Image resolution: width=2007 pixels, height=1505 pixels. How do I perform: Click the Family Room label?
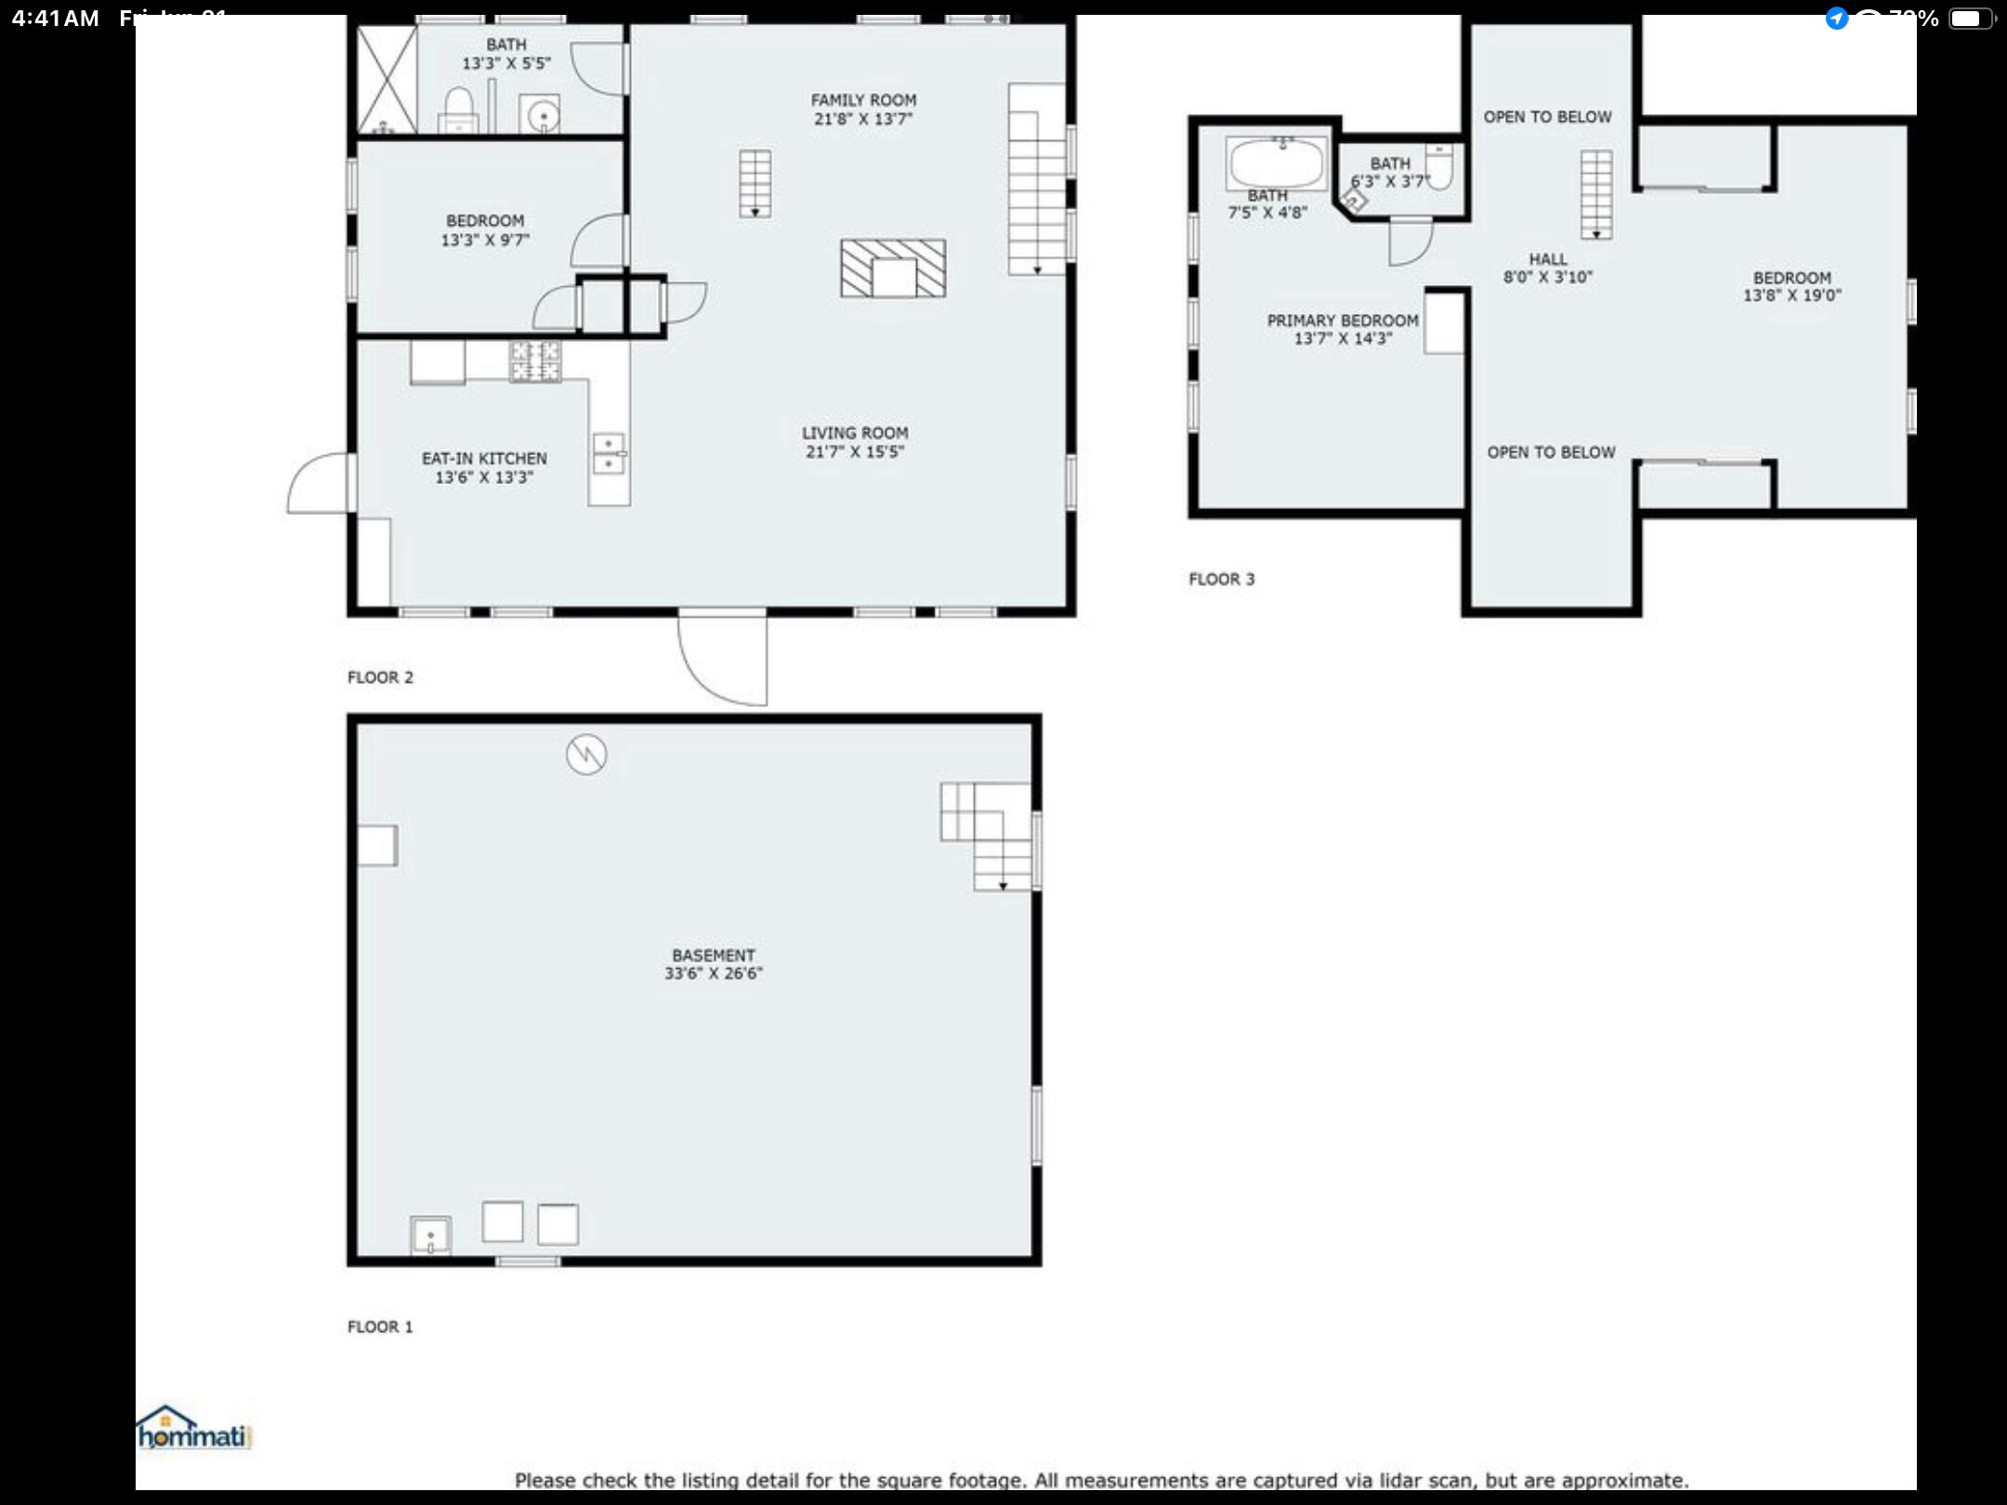click(863, 99)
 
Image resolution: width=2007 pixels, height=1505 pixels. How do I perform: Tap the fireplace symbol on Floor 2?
click(893, 268)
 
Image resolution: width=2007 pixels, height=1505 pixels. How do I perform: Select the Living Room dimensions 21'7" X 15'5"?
click(854, 451)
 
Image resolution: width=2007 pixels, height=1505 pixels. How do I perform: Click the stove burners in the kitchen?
click(535, 361)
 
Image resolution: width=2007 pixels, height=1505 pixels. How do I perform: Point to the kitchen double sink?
click(609, 452)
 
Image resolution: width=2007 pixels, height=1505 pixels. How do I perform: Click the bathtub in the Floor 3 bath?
click(1277, 163)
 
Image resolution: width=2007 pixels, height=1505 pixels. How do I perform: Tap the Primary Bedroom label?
click(1343, 321)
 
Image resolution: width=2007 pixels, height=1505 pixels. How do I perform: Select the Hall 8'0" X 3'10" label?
click(1548, 268)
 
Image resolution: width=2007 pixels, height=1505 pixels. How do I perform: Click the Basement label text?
click(713, 955)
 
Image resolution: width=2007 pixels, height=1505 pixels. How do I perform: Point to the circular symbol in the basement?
click(586, 753)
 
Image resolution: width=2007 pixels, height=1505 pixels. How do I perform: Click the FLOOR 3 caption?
click(1221, 579)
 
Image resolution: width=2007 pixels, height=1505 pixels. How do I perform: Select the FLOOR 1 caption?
click(379, 1327)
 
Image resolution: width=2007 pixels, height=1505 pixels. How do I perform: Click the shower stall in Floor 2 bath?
click(387, 79)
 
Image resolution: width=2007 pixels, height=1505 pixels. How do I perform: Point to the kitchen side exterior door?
click(318, 482)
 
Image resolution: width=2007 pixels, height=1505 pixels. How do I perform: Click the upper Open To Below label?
click(1547, 117)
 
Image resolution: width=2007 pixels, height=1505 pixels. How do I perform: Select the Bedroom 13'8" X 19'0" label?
click(1791, 286)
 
